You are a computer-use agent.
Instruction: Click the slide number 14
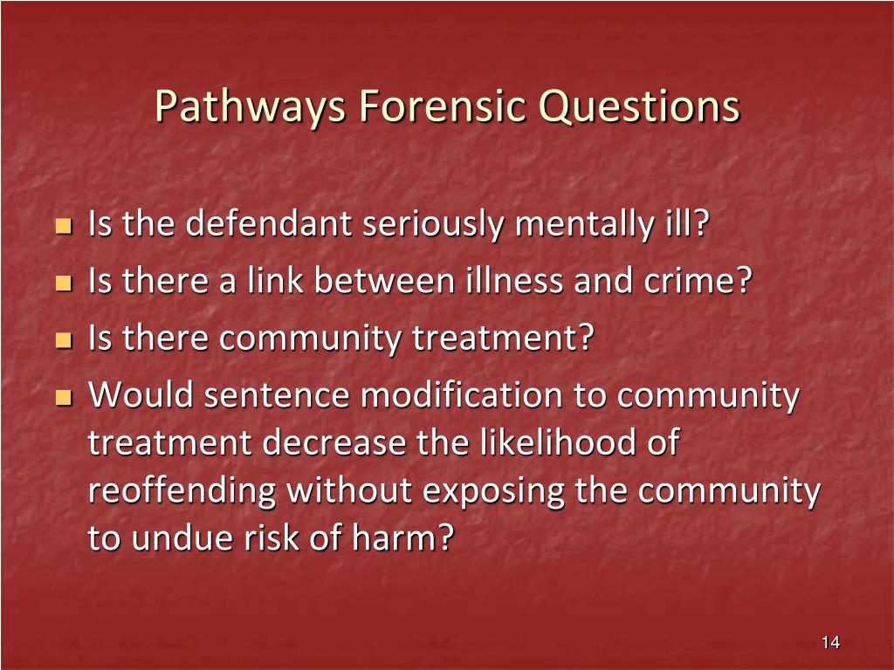[830, 643]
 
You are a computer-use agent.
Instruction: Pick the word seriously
[433, 225]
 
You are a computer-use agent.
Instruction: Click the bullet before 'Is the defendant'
[63, 227]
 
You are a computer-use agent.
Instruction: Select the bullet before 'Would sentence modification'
[63, 398]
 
